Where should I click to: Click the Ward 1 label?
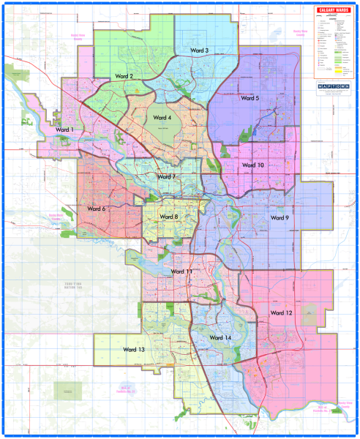(x=65, y=130)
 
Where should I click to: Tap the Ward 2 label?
(x=122, y=76)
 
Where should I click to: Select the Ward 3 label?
(x=196, y=50)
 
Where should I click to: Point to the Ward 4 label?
(x=161, y=117)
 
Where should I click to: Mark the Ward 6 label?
(x=97, y=209)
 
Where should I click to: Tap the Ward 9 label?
(x=280, y=217)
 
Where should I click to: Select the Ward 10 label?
(x=252, y=165)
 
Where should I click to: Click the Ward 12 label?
(x=281, y=312)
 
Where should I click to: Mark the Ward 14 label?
(x=220, y=337)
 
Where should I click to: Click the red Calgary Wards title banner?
(x=333, y=10)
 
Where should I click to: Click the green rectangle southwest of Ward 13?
(x=67, y=391)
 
